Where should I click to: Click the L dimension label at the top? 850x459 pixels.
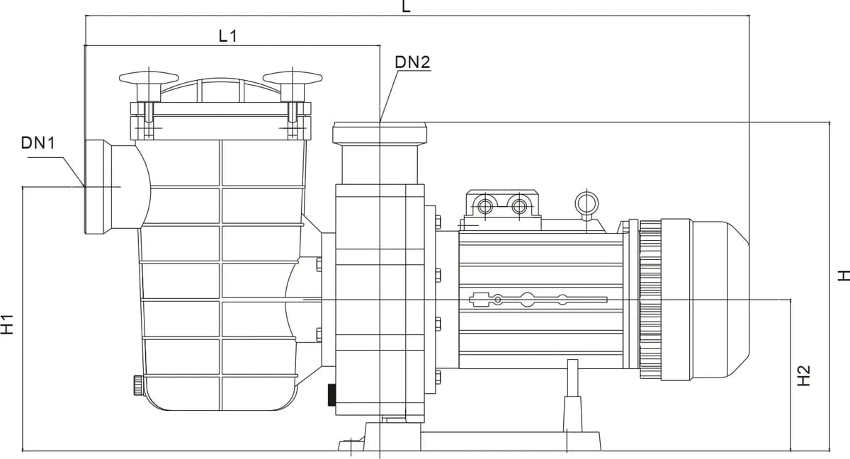[406, 6]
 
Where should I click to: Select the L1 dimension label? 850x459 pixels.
[228, 36]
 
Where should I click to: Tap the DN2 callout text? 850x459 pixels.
[412, 62]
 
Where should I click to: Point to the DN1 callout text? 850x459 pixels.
[38, 143]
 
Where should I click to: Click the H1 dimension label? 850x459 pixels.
[7, 324]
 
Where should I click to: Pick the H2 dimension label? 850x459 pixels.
[803, 376]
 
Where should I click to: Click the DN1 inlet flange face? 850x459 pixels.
[94, 187]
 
